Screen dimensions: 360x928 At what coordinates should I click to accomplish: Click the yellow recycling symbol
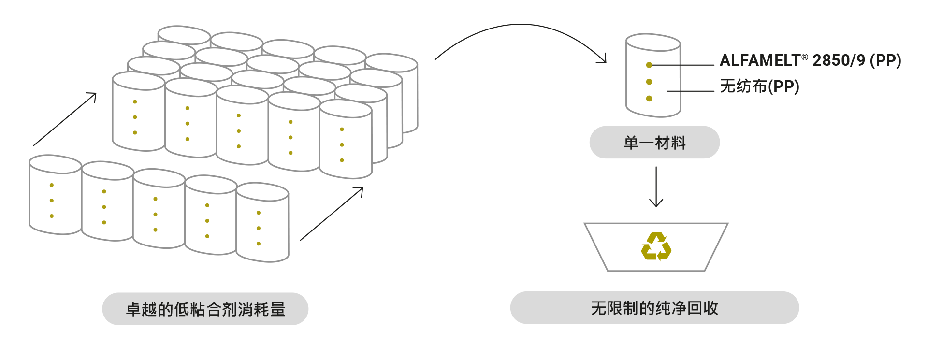click(656, 246)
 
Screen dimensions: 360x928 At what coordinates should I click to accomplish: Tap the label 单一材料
click(654, 143)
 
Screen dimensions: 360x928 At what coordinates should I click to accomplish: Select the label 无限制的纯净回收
click(654, 308)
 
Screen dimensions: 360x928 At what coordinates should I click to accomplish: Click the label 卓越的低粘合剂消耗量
click(205, 309)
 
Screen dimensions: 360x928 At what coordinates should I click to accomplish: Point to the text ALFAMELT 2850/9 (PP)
click(810, 60)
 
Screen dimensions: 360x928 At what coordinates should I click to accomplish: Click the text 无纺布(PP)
click(759, 86)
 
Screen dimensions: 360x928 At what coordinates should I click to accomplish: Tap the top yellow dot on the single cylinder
click(649, 65)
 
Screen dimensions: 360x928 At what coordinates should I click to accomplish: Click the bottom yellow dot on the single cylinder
click(649, 99)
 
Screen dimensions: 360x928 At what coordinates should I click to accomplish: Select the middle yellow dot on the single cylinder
click(649, 82)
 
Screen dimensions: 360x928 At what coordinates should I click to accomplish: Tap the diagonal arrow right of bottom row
click(332, 214)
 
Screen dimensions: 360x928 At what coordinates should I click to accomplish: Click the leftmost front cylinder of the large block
click(138, 114)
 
